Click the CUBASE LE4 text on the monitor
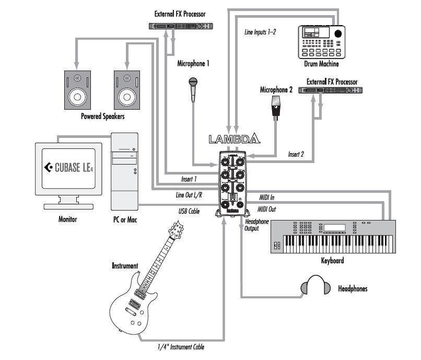pos(69,168)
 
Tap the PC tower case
pos(125,172)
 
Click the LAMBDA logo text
pos(234,140)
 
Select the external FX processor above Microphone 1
pos(180,27)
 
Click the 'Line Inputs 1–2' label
pos(260,32)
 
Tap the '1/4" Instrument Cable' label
pos(181,347)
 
